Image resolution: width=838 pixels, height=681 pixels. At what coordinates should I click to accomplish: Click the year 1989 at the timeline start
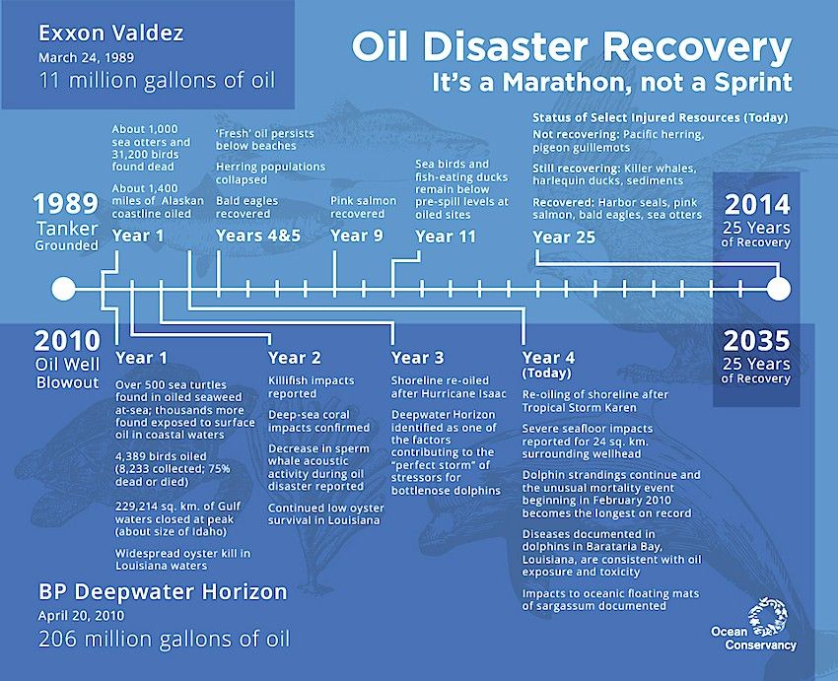[x=66, y=203]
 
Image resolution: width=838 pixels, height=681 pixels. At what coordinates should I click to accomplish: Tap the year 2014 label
[x=757, y=205]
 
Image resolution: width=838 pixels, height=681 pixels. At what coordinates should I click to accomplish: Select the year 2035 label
[x=757, y=341]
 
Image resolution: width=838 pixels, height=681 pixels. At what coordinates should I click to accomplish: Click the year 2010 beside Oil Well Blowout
[x=67, y=341]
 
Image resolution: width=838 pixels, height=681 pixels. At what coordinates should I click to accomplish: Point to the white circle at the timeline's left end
[x=64, y=289]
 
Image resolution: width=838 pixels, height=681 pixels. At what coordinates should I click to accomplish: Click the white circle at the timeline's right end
[x=779, y=289]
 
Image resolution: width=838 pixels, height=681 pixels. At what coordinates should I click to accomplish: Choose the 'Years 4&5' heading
[x=258, y=236]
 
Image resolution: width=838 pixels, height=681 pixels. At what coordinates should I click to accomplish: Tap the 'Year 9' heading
[x=357, y=236]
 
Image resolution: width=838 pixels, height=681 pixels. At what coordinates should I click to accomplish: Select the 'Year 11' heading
[x=446, y=237]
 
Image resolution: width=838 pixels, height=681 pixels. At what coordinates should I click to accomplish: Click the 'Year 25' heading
[x=564, y=238]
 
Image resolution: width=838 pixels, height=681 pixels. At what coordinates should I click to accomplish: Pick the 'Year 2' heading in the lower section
[x=295, y=358]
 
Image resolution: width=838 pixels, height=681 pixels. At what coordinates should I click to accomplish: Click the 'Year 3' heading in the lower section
[x=417, y=358]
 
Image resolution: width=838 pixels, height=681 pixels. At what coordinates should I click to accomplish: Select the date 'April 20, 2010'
[x=81, y=615]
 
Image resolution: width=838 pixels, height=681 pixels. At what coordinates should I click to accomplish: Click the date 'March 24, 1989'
[x=86, y=57]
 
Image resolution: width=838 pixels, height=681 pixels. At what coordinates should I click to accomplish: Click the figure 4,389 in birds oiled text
[x=131, y=456]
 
